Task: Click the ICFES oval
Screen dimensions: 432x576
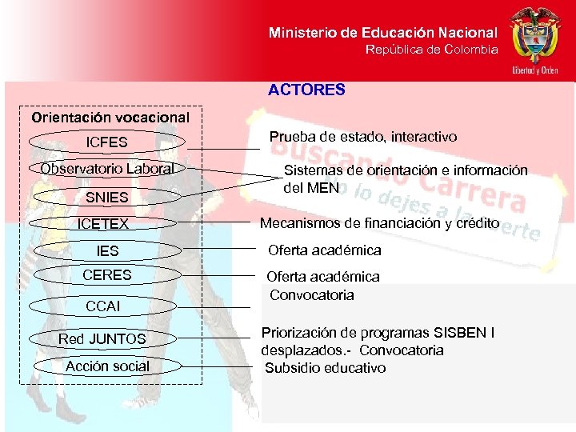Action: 106,143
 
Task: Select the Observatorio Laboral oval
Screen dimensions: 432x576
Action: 106,169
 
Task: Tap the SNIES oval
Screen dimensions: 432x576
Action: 106,196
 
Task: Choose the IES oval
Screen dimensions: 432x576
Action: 106,251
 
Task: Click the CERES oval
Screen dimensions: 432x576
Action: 106,275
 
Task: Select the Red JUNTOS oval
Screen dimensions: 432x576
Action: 102,339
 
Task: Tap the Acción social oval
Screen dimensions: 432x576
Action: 107,366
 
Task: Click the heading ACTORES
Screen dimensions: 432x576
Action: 306,90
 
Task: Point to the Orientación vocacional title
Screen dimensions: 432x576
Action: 110,117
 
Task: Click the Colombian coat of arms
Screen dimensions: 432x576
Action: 535,36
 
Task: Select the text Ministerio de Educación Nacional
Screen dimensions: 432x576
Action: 382,33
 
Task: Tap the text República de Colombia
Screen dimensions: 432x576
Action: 431,50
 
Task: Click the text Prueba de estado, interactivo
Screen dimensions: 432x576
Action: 363,138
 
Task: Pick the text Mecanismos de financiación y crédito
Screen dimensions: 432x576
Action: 379,223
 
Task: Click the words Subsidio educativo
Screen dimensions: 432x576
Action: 326,368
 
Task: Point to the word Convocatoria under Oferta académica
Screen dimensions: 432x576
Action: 311,295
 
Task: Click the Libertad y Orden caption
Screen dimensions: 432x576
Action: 534,70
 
